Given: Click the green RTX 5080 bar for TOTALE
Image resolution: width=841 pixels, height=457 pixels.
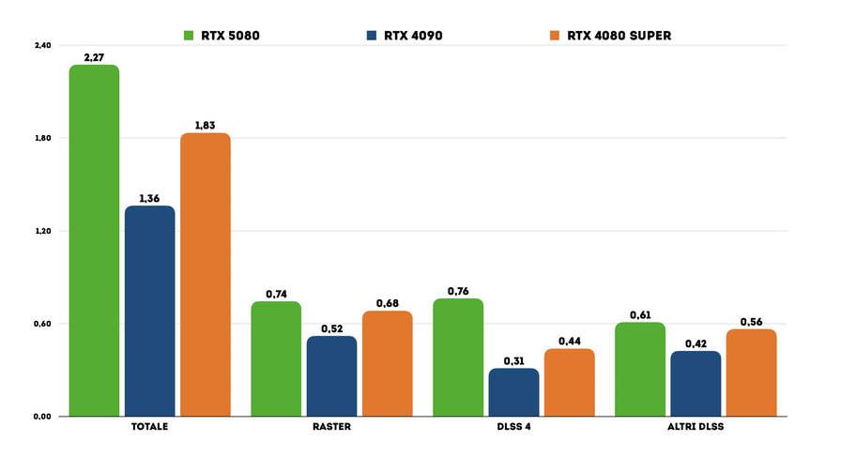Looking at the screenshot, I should point(94,239).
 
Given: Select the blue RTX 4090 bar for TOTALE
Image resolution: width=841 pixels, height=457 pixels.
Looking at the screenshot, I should point(150,310).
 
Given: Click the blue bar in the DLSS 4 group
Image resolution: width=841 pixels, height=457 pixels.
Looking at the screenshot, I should point(513,391).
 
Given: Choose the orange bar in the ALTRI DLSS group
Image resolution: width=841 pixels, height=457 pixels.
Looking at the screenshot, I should point(751,372).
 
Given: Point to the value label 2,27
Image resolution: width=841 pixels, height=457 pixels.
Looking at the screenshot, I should point(94,57).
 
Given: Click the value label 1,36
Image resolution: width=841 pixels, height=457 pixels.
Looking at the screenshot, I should point(150,198).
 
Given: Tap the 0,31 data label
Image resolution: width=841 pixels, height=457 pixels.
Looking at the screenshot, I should point(513,360).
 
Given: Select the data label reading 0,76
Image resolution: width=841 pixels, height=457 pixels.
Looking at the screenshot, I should point(458,291).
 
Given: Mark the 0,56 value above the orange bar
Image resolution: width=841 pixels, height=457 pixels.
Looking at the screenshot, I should point(751,322).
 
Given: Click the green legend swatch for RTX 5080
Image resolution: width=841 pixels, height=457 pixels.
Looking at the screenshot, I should point(189,36).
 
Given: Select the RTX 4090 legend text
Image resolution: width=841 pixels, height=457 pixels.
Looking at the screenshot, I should point(413,36).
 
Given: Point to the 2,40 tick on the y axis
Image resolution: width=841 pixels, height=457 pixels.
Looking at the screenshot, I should point(42,45).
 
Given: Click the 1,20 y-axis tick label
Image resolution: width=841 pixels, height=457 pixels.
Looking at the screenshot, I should point(42,231).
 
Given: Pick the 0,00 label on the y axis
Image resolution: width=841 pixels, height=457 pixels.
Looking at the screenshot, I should point(42,417).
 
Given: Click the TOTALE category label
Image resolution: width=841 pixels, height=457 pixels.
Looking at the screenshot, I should point(150,428).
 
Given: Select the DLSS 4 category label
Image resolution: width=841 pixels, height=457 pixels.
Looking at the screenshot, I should point(513,428).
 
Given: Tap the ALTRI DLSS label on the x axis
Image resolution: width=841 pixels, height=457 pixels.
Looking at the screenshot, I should point(696,428).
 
